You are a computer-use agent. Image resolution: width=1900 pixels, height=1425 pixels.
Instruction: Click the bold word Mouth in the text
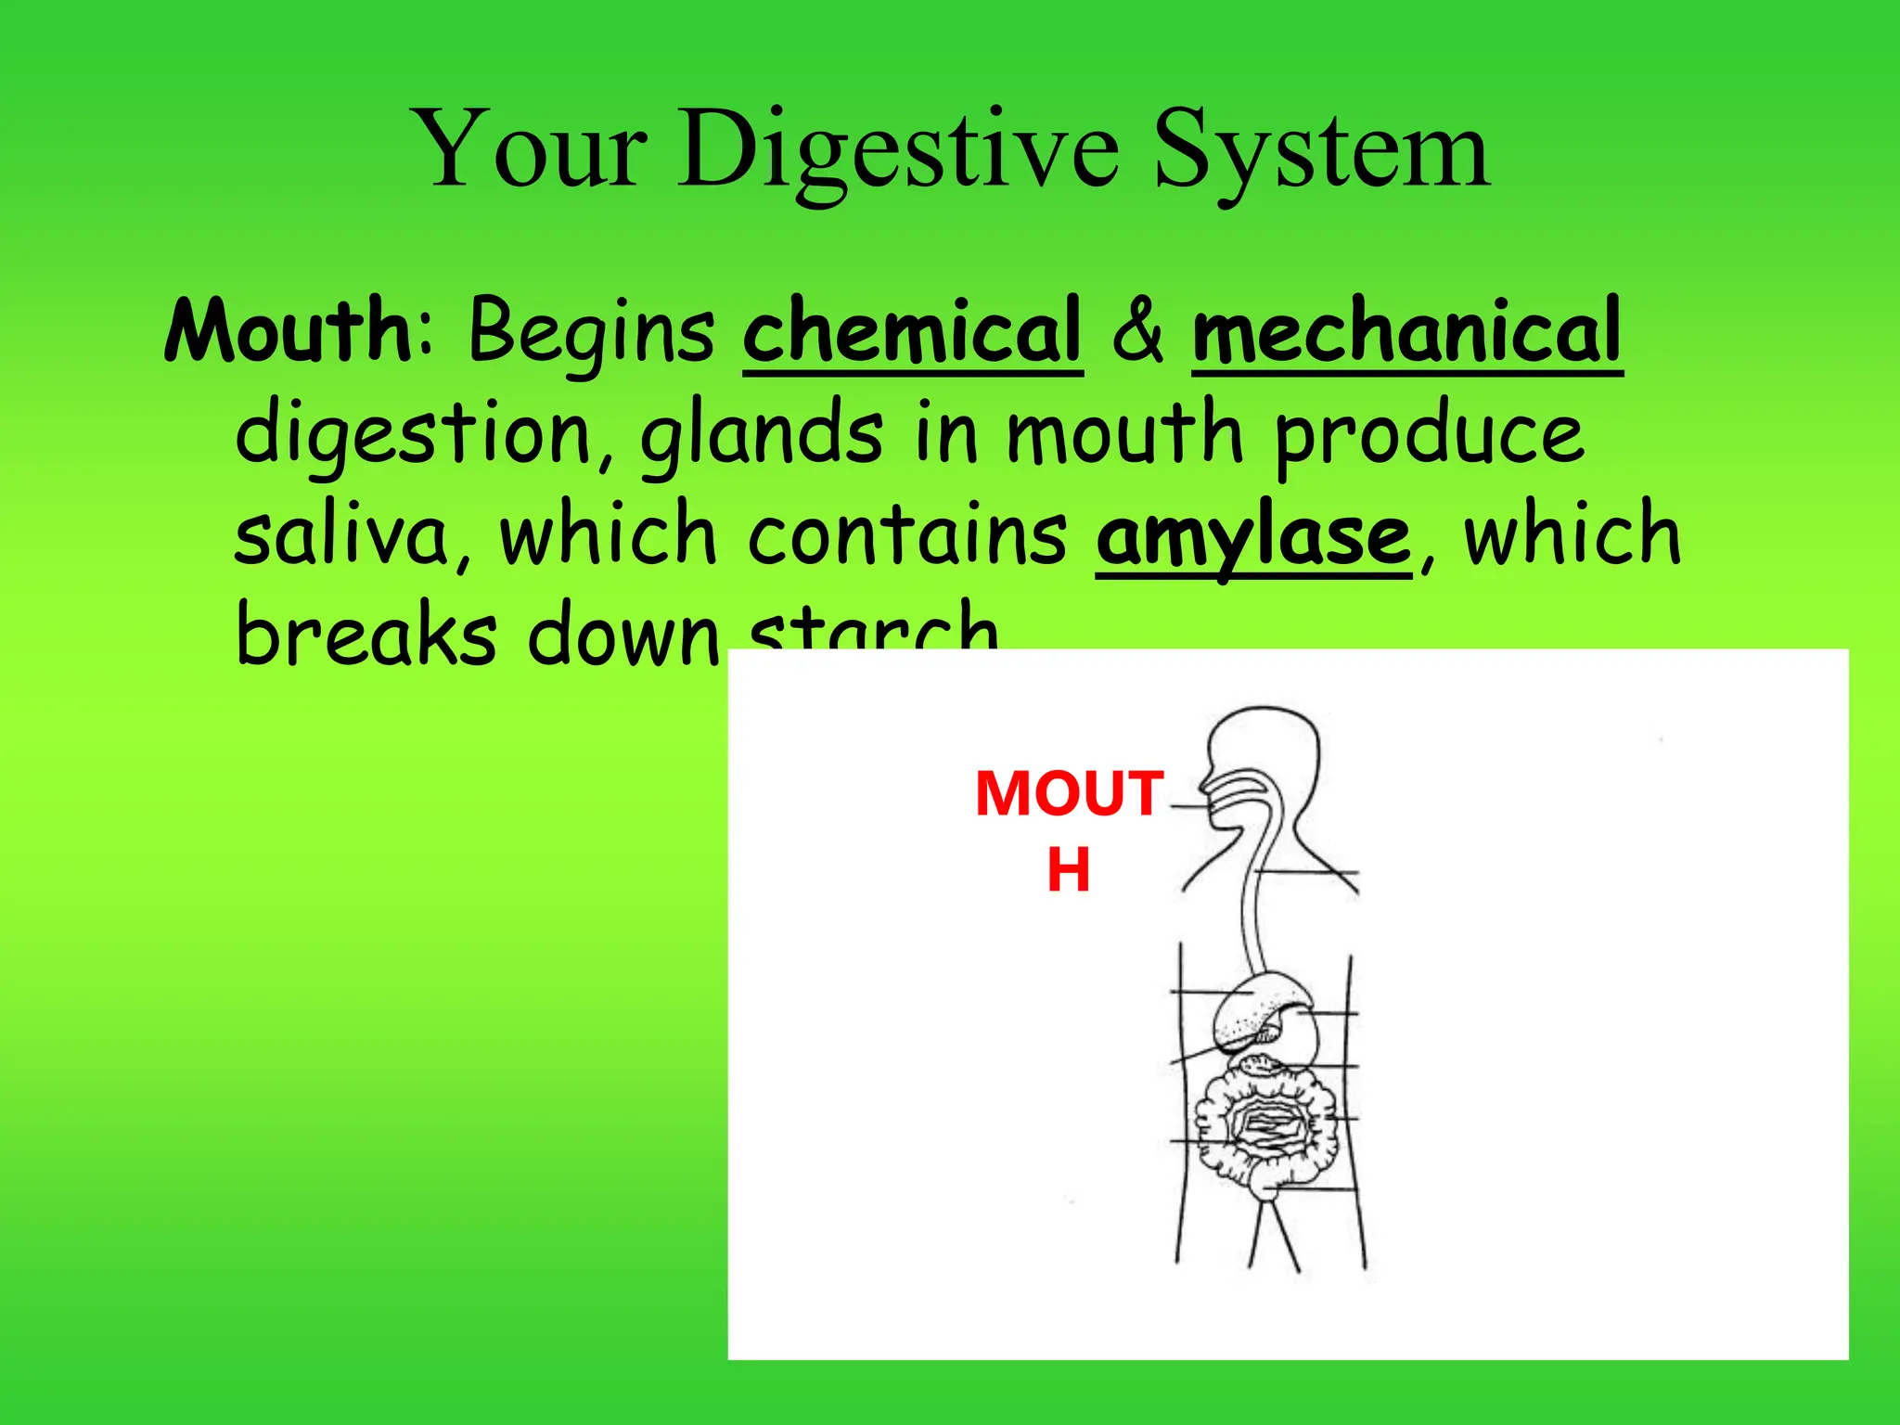(x=289, y=330)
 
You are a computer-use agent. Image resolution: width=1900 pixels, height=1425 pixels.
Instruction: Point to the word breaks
(x=366, y=635)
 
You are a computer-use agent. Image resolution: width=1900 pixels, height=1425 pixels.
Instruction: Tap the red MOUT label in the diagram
(x=1069, y=794)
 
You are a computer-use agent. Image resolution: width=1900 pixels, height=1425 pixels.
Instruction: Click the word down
(x=623, y=636)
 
